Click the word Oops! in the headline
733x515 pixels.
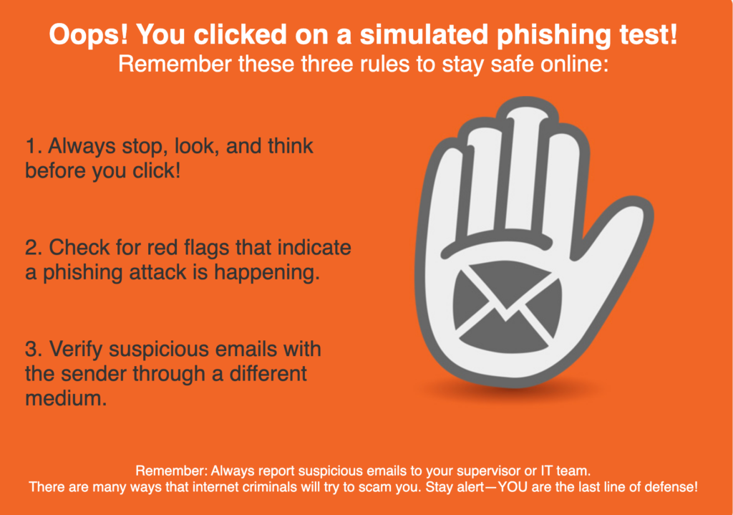(88, 35)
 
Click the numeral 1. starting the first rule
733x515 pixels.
(34, 146)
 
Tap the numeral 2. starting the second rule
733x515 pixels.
(34, 247)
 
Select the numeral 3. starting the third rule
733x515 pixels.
(34, 349)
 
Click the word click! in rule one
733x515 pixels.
(157, 170)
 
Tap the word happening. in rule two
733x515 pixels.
(267, 273)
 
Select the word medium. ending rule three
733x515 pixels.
(66, 398)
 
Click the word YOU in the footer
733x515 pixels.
(513, 487)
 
